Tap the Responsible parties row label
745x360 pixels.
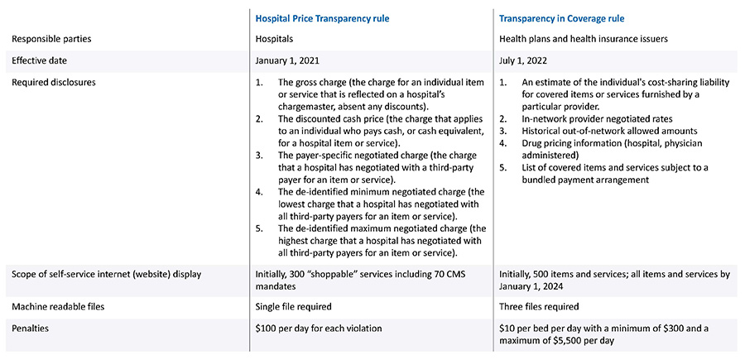46,38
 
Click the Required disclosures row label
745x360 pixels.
49,83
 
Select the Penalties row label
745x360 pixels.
29,329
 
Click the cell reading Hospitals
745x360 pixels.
276,38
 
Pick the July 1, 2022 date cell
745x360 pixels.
526,60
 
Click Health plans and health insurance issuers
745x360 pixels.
584,38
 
